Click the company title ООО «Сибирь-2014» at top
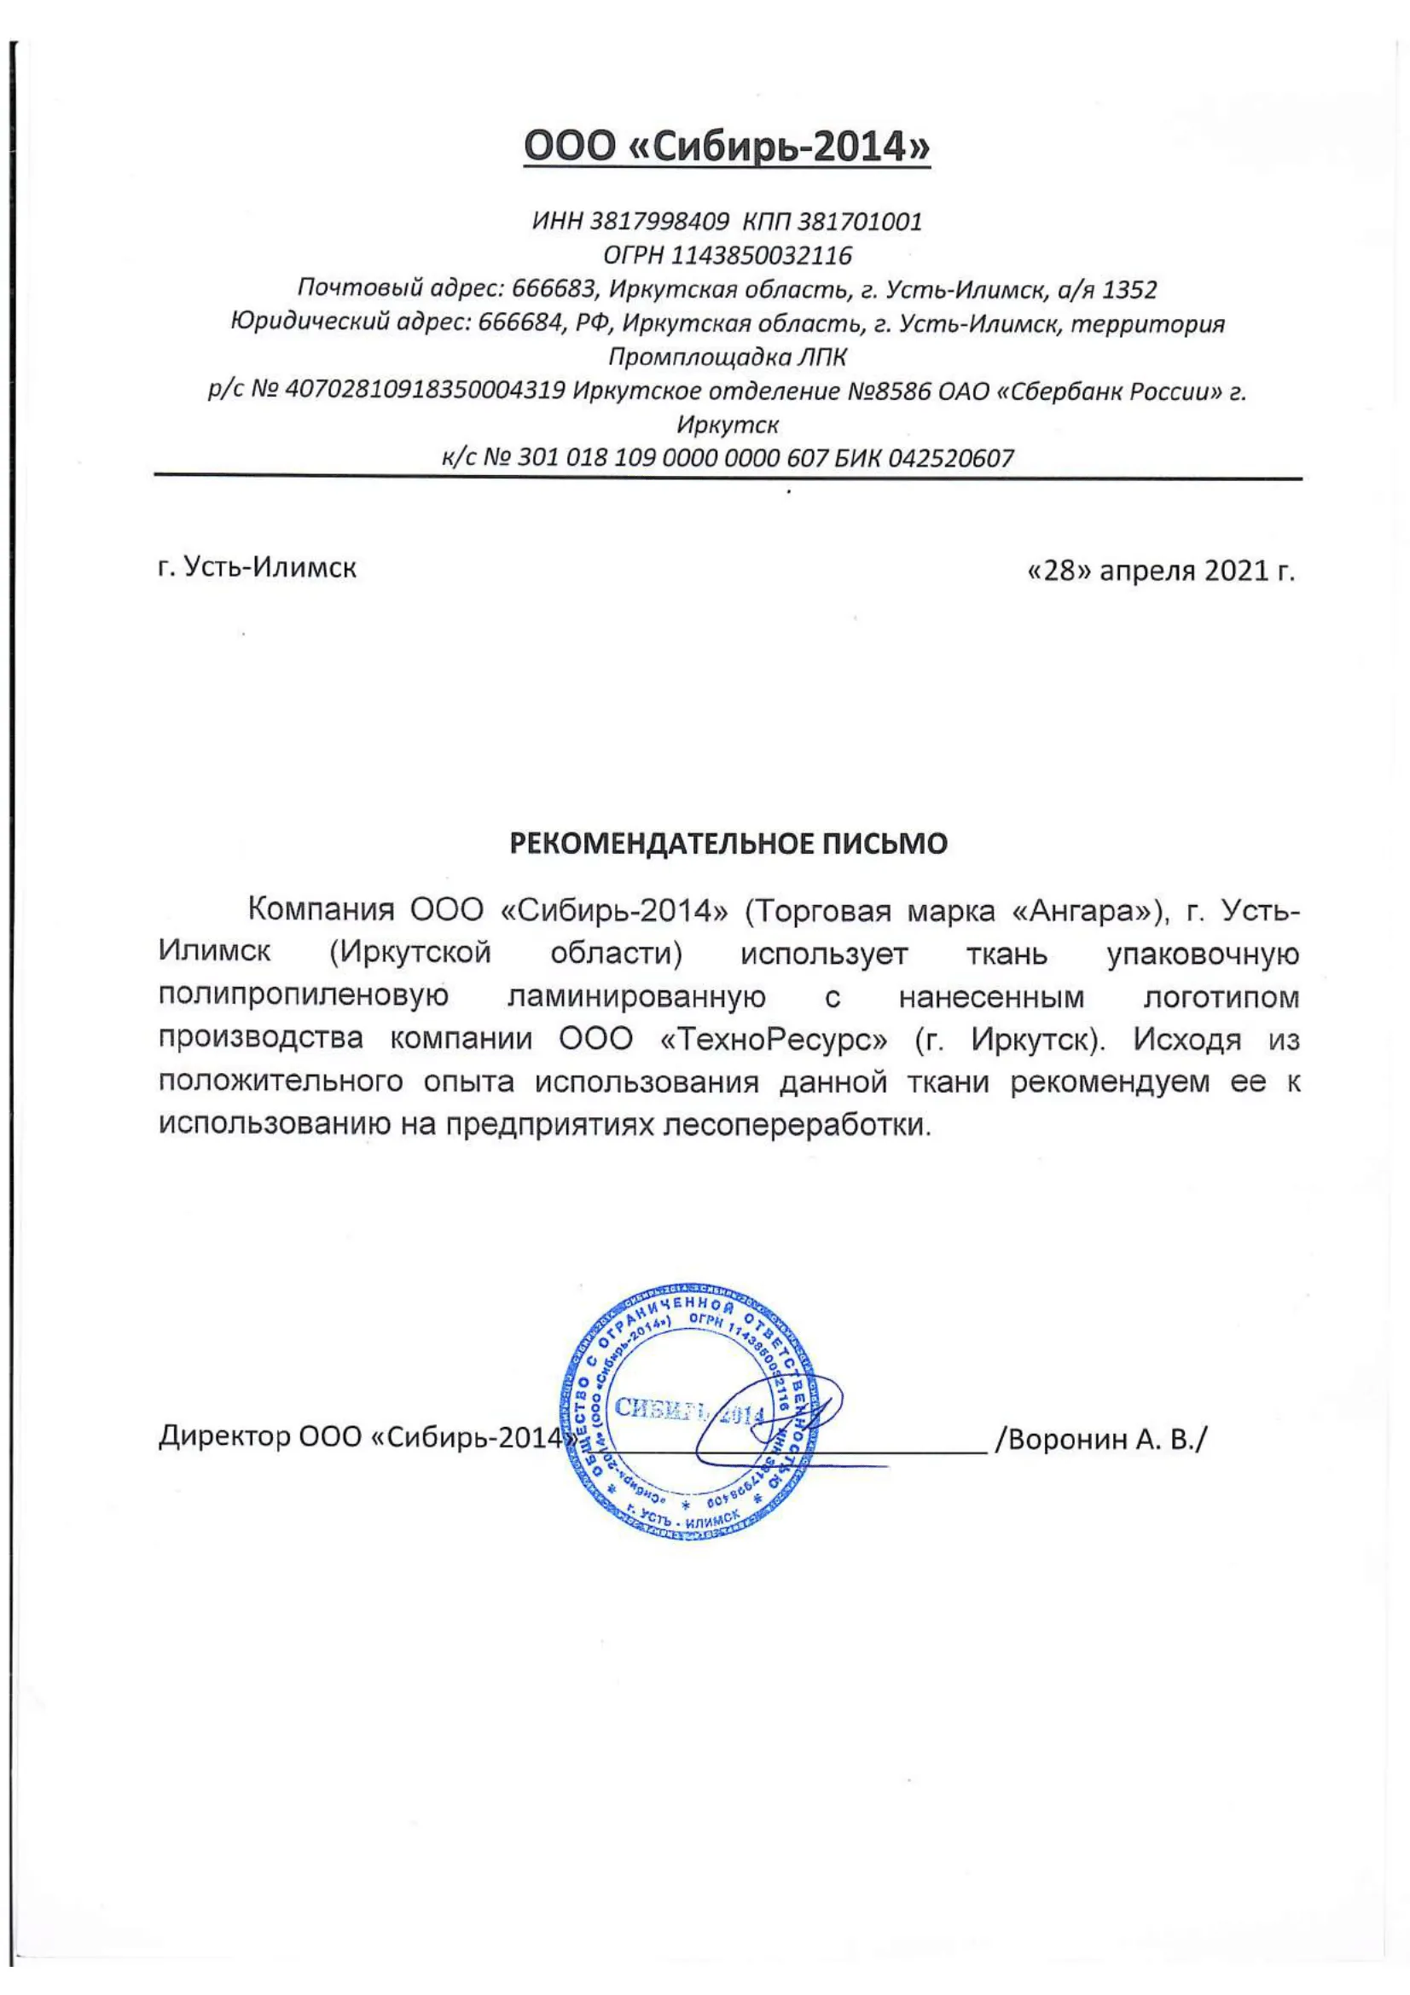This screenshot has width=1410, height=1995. [x=727, y=147]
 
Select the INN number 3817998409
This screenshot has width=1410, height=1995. [x=659, y=222]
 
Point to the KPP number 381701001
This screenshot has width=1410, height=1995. [x=859, y=222]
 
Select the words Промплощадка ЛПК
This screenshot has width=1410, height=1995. [x=727, y=357]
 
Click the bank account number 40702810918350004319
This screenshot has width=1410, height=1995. [x=426, y=391]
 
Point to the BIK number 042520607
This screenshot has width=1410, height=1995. [x=950, y=458]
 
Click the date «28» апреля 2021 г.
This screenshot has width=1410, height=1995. [x=1161, y=571]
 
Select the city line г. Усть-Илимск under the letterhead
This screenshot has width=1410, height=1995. [x=257, y=568]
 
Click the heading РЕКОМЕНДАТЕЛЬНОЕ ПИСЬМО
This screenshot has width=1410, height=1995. [x=727, y=843]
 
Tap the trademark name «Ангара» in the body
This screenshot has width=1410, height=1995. [x=1086, y=911]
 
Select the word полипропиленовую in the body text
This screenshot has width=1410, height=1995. [x=303, y=995]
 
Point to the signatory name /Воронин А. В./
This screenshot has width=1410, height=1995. [x=1100, y=1439]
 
